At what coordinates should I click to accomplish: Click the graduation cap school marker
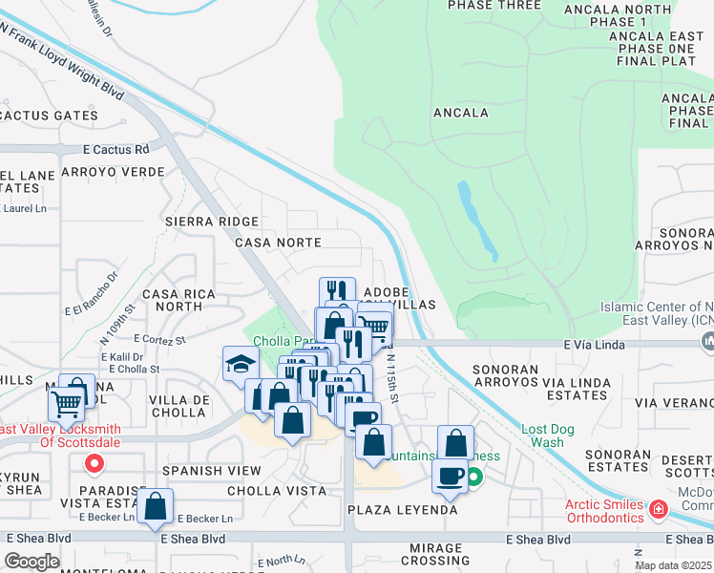241,363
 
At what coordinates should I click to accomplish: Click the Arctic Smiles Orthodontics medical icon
657,509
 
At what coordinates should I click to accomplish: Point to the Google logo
31,562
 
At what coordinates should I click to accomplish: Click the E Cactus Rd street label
116,150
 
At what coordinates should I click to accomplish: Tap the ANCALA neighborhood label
461,113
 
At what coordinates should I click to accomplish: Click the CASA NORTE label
279,243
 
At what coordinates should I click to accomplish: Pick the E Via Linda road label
592,344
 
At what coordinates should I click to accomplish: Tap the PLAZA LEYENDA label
402,510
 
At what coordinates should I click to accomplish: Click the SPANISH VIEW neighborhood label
211,471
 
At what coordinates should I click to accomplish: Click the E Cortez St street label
159,339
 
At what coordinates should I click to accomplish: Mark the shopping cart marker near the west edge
67,405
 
